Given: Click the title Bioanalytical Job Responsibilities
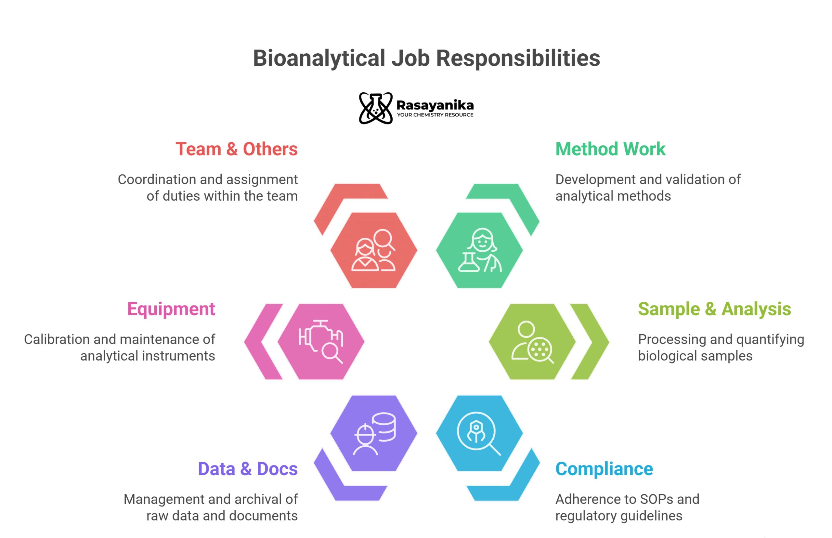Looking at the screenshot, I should [426, 58].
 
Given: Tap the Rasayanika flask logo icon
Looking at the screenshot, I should [375, 108].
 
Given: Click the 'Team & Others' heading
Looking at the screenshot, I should [237, 149].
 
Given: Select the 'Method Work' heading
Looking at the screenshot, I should [610, 149].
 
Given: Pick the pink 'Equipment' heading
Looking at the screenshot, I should [171, 309].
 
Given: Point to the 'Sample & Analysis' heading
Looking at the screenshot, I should [714, 309].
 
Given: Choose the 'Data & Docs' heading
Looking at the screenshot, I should [248, 469].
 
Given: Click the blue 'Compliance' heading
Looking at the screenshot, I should [604, 469].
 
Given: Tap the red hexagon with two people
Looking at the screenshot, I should [373, 250].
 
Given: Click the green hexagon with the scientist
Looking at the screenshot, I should [479, 250].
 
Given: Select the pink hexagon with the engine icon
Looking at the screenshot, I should [321, 342].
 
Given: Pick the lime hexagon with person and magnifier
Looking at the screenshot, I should [532, 342].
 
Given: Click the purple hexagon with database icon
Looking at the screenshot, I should [373, 433].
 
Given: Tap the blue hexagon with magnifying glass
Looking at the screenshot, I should [479, 433].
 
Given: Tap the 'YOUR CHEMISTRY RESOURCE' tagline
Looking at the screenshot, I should [435, 115].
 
